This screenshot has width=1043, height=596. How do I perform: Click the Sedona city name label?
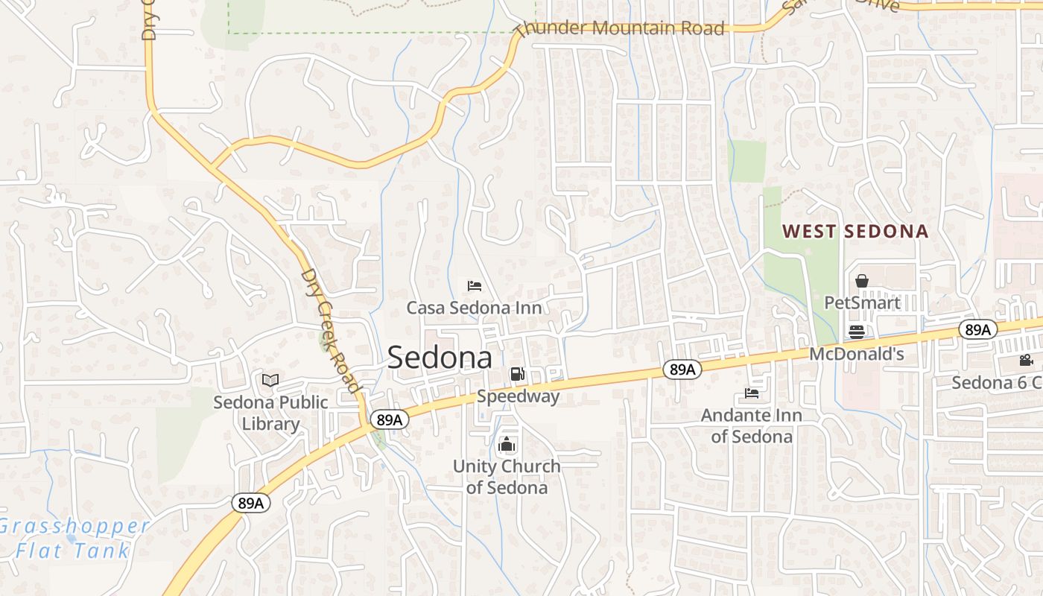pos(440,358)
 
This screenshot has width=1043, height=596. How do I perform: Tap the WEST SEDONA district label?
pos(855,231)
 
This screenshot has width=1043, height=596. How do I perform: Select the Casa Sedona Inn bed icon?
pos(474,285)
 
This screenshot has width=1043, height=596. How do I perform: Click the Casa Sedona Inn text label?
pos(474,307)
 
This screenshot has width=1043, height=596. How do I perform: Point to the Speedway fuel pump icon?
pos(517,374)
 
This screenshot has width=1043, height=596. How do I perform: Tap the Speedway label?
pos(518,396)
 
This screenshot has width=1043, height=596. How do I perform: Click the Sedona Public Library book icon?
pos(270,381)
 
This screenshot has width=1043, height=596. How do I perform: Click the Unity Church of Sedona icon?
pos(507,445)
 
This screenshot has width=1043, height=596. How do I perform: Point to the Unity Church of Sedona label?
pos(507,477)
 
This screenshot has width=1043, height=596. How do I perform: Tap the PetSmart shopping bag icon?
pos(862,281)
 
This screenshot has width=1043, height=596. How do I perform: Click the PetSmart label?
pos(862,302)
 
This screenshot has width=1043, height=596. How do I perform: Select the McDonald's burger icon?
pos(857,332)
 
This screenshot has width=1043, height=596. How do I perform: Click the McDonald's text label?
pos(857,354)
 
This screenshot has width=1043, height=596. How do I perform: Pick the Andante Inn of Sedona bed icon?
pos(751,393)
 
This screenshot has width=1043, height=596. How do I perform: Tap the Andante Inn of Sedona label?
pos(751,425)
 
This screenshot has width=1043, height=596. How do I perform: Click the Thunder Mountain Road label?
pos(620,28)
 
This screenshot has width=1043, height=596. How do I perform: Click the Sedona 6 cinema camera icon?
pos(1026,361)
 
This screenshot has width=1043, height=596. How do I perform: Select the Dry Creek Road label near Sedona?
pos(330,329)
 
